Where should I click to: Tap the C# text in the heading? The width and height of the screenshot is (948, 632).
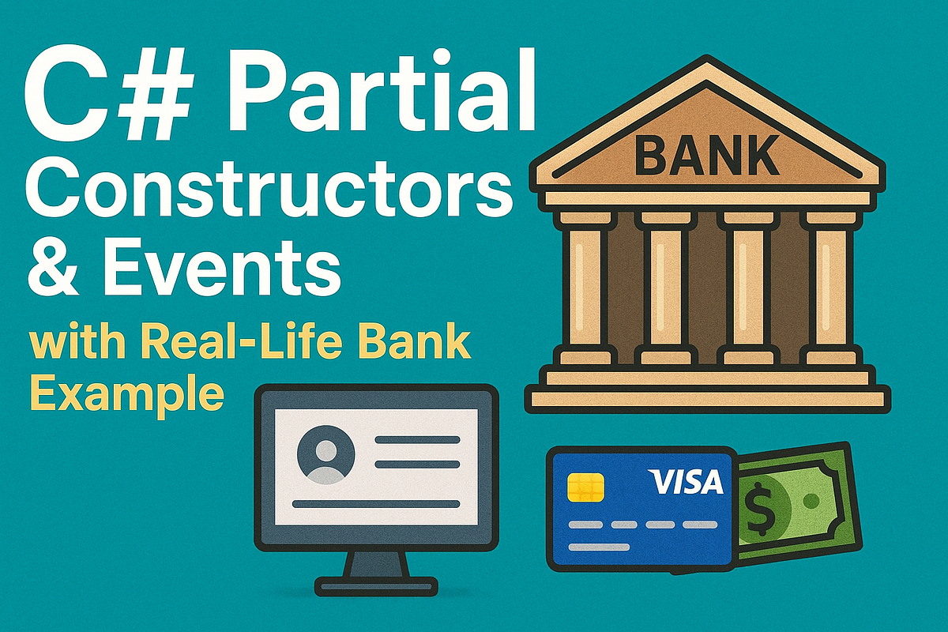(107, 92)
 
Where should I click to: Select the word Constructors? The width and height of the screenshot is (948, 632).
(269, 190)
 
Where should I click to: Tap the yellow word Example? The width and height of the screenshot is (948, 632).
(126, 394)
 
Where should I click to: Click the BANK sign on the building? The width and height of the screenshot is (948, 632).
(706, 155)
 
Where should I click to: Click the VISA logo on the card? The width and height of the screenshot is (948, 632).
(685, 482)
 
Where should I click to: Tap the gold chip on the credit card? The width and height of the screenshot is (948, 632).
(585, 487)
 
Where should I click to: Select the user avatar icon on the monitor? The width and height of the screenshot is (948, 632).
(325, 454)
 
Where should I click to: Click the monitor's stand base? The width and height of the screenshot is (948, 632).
(376, 586)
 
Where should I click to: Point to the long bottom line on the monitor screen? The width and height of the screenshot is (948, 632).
(376, 504)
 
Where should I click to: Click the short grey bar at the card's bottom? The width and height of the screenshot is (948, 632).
(599, 547)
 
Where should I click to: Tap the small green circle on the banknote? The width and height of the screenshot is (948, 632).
(811, 501)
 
